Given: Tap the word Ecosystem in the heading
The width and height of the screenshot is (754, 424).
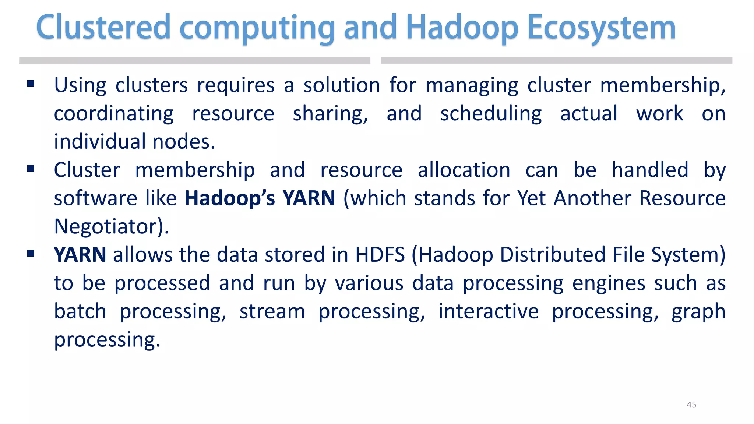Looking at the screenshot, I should pos(602,28).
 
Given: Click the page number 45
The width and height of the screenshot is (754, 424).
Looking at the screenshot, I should pos(691,404).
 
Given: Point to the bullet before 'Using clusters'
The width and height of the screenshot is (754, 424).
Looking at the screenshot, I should pos(31,84).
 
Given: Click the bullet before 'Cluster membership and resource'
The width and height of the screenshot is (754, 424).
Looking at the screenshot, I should pos(31,169).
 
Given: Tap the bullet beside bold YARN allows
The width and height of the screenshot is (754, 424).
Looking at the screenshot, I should pos(31,253).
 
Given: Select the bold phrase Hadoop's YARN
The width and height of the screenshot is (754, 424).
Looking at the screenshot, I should pos(260,198).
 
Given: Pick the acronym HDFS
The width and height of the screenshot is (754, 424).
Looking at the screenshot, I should pos(380,255).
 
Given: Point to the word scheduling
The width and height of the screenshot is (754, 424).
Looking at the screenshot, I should pos(491,114).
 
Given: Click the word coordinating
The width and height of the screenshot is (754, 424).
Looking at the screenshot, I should pos(114,114).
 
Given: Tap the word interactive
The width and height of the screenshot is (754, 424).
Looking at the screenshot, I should pos(489,311).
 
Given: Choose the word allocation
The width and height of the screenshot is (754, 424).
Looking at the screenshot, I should pos(464,170).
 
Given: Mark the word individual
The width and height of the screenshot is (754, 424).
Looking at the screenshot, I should pos(99,142).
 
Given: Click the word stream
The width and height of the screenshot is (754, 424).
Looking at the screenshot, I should pos(272,311).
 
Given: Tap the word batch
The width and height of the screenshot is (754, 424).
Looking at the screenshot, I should pos(80,311).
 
